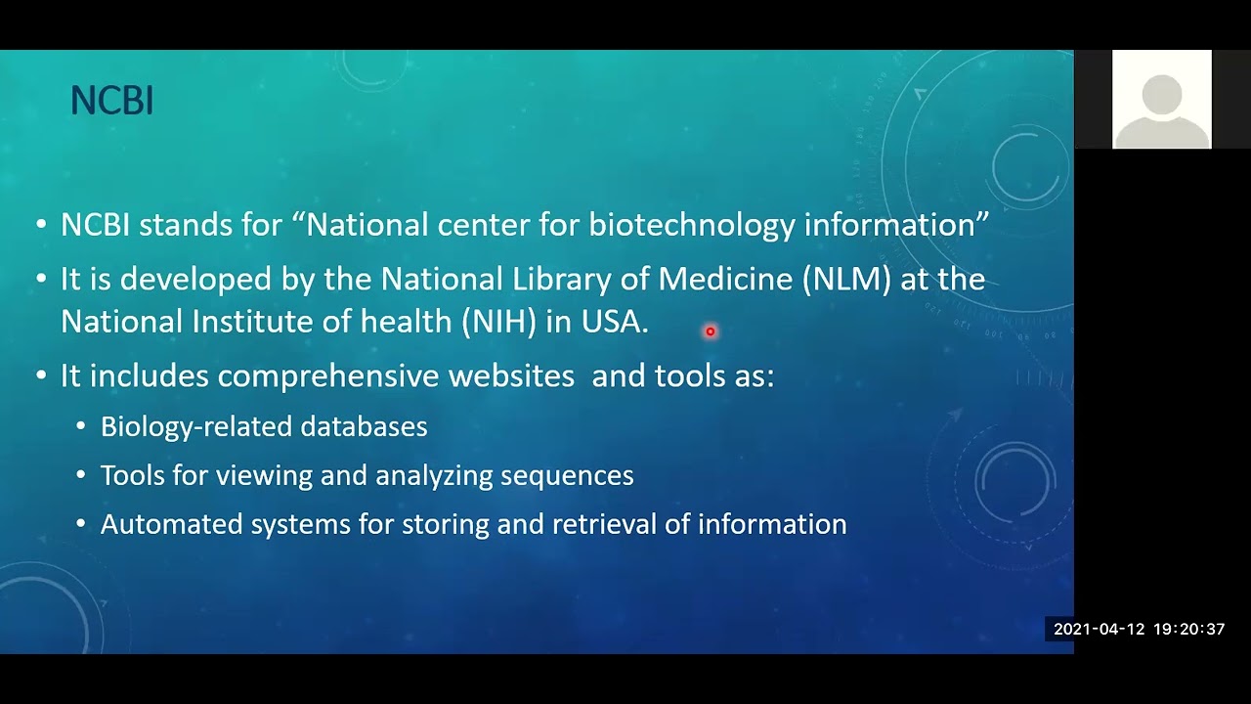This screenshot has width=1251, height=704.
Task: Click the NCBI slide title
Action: tap(111, 101)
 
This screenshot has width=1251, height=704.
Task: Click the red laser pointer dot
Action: tap(711, 331)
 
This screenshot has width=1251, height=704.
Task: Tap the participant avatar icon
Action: tap(1161, 100)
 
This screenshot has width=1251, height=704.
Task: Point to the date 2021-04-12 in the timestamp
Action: tap(1099, 630)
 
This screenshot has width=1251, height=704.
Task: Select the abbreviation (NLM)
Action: tap(846, 280)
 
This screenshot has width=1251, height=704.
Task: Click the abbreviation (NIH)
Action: tap(498, 323)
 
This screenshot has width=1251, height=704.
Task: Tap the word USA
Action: tap(614, 323)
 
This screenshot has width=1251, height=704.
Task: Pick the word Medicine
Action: tap(724, 280)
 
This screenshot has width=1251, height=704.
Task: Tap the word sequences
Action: tap(567, 476)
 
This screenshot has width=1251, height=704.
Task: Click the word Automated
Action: tap(171, 525)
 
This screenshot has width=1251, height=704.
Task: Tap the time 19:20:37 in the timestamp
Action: tap(1188, 630)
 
